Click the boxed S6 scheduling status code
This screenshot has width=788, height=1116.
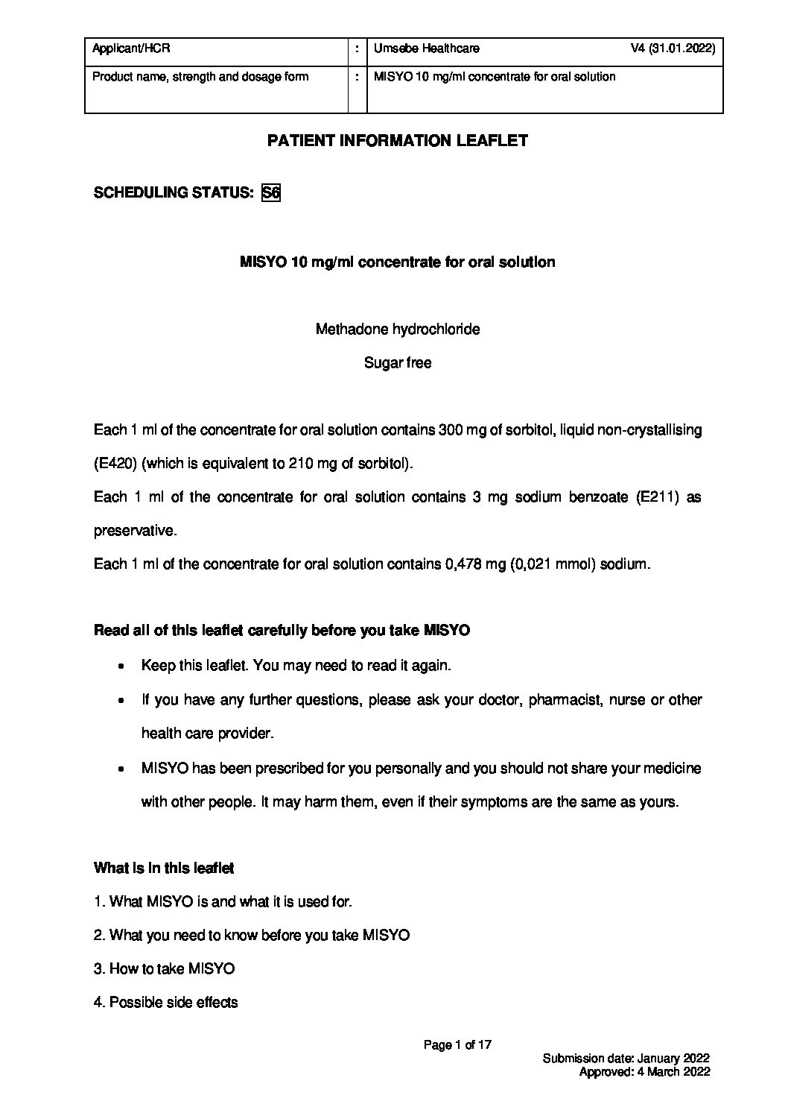pos(271,193)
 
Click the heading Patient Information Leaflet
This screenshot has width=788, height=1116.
pos(398,141)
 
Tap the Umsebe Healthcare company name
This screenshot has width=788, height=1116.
pos(427,49)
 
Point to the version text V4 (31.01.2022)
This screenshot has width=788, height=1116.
pos(673,49)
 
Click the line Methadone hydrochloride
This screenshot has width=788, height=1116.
pos(398,330)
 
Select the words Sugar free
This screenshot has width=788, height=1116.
pos(398,364)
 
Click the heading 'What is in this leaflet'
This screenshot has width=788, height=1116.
pos(164,868)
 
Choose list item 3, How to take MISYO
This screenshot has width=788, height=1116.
pos(165,969)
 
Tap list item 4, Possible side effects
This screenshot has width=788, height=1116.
pos(166,1003)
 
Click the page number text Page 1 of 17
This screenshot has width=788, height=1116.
pos(458,1045)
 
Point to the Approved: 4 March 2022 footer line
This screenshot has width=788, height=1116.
pos(644,1072)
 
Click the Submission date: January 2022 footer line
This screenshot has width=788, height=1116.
pos(626,1059)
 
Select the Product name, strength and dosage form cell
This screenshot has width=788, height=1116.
pos(200,77)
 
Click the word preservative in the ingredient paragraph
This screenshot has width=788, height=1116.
pos(135,531)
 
